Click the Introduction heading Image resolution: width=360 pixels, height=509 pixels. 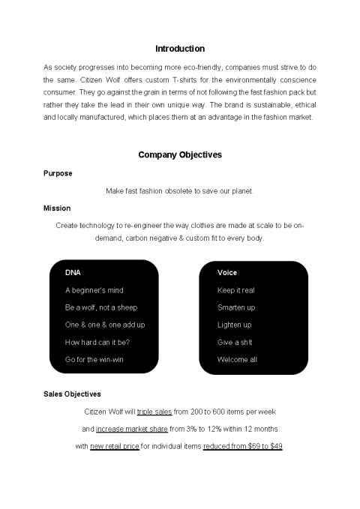coord(179,49)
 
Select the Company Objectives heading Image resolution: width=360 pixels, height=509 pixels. coord(180,155)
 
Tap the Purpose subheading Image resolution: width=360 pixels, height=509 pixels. coord(58,173)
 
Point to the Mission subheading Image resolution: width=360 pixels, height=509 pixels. coord(58,208)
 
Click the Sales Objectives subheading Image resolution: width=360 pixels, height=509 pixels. coord(73,394)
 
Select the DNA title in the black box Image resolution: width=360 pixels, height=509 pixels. coord(73,273)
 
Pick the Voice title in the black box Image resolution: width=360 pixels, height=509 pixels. coord(227,273)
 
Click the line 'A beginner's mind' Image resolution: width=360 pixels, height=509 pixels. coord(94,290)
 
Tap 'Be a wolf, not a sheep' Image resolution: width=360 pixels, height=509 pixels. coord(101,307)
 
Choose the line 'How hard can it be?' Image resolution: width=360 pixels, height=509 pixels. coord(97,343)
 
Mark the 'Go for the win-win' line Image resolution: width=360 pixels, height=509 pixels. coord(94,360)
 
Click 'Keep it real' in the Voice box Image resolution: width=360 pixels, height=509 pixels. coord(236,290)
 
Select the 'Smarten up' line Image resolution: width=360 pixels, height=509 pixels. coord(236,307)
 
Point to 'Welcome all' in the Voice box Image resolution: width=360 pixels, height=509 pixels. coord(237,360)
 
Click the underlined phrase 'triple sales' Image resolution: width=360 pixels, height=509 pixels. coord(154,412)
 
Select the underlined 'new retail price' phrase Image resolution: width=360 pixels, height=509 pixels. coord(114,446)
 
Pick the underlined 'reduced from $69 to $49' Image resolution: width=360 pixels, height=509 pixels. coord(243,446)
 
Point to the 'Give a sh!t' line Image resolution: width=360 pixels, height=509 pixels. coord(235,343)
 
